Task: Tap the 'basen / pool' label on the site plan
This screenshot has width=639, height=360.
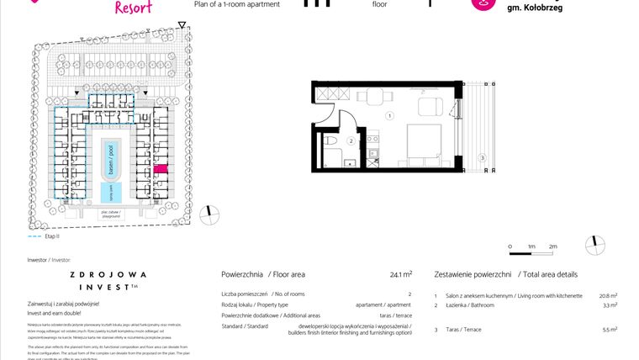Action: tap(108, 155)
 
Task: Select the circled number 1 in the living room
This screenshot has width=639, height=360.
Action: tap(390, 114)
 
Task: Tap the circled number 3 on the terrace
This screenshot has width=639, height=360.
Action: tap(482, 157)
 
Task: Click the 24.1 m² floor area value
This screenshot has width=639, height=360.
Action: tap(401, 274)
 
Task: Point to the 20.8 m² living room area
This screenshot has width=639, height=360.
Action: tap(608, 296)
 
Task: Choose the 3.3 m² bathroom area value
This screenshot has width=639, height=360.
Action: tap(611, 305)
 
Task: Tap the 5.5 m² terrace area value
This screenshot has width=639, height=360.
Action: tap(611, 330)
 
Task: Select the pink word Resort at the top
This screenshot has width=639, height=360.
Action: tap(133, 8)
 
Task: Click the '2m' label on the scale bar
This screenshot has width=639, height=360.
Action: tap(552, 246)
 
